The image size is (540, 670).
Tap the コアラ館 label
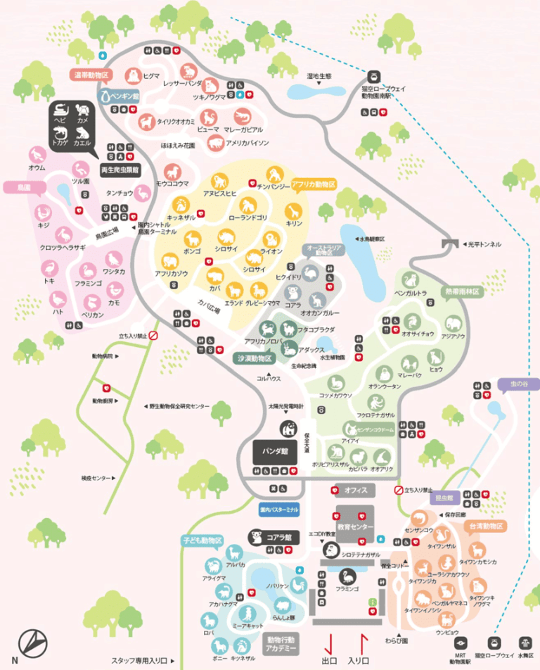tap(281, 538)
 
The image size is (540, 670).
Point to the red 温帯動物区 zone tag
tap(91, 74)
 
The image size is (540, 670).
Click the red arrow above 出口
tap(327, 643)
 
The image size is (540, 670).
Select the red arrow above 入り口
tap(364, 643)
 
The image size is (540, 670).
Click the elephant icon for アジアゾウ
tap(453, 322)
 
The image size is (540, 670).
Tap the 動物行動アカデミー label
tap(281, 644)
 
